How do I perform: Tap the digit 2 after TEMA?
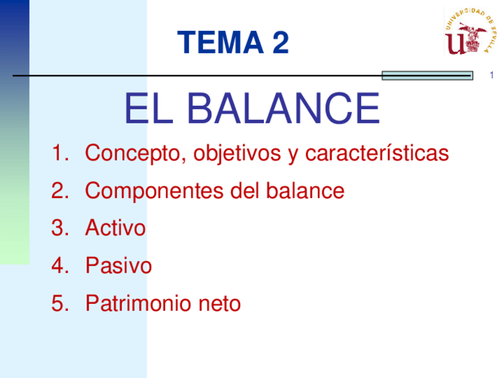pyautogui.click(x=279, y=43)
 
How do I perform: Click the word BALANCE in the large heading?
pyautogui.click(x=285, y=108)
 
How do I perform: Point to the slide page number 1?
pyautogui.click(x=492, y=75)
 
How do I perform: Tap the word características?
pyautogui.click(x=377, y=153)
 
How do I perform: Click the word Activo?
pyautogui.click(x=115, y=228)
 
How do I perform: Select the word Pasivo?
pyautogui.click(x=118, y=266)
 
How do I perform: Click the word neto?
pyautogui.click(x=219, y=304)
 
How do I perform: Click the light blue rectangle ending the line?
pyautogui.click(x=427, y=75)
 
